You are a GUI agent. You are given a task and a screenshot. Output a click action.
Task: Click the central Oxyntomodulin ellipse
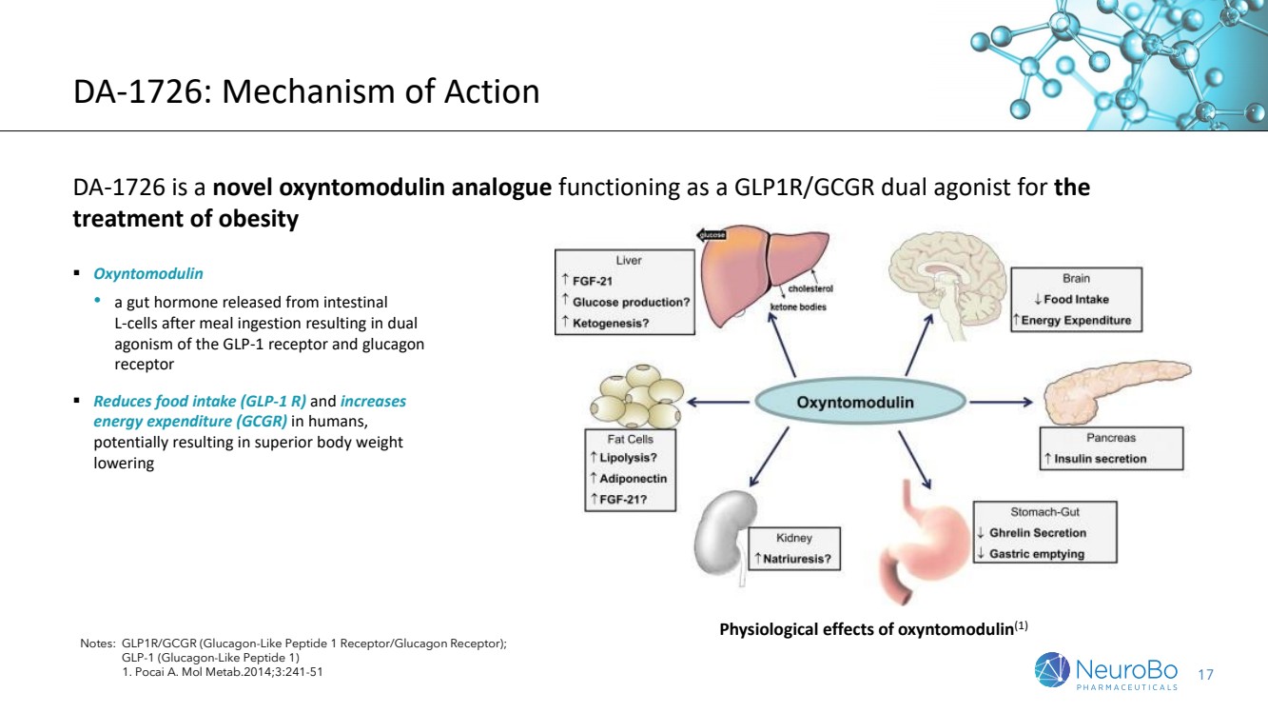[x=859, y=402]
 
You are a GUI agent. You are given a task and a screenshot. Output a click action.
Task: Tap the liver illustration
[x=764, y=276]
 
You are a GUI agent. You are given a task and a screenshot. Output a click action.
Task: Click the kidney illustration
[x=725, y=537]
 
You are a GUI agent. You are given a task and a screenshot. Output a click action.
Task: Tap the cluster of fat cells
[x=636, y=396]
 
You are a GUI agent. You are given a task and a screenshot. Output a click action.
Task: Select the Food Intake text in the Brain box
[x=1076, y=300]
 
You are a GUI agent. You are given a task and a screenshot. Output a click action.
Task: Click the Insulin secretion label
[x=1100, y=459]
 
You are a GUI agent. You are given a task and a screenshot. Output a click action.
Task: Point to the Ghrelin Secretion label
[x=1038, y=533]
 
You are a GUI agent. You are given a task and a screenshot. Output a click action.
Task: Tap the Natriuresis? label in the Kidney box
[x=796, y=559]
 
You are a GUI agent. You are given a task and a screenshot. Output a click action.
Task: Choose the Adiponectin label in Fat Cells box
[x=633, y=479]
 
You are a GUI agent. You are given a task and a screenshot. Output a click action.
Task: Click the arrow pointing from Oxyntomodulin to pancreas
[x=1001, y=402]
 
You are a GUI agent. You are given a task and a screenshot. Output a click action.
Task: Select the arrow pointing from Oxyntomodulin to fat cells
[x=718, y=402]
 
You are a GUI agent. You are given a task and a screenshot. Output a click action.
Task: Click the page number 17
[x=1205, y=675]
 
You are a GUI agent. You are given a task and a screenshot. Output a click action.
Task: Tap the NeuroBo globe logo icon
[x=1052, y=669]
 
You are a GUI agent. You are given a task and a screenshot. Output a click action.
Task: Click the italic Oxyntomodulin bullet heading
[x=147, y=274]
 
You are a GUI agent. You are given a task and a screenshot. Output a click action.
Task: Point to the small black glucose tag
[x=711, y=234]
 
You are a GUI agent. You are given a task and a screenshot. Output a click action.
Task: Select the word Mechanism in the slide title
[x=308, y=91]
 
